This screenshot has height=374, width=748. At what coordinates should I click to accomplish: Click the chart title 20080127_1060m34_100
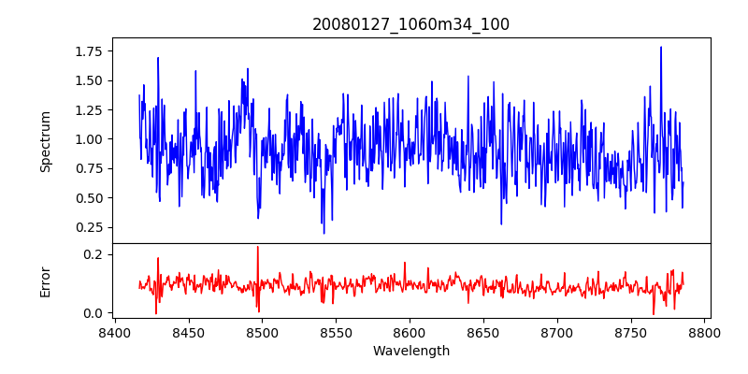click(410, 24)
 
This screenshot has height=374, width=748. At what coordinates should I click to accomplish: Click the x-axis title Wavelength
click(410, 352)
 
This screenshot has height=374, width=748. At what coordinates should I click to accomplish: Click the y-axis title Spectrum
click(46, 141)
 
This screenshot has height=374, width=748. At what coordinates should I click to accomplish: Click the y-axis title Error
click(46, 281)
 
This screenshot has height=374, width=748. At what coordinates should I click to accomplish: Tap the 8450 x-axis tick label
click(188, 332)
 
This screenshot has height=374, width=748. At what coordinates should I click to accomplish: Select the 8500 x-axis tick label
click(262, 332)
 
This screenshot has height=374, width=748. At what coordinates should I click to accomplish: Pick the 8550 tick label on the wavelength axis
click(336, 332)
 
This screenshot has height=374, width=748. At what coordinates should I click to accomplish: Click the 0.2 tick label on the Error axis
click(93, 254)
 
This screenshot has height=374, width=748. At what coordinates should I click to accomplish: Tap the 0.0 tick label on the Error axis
click(93, 313)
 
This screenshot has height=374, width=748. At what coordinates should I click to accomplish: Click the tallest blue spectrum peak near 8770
click(661, 48)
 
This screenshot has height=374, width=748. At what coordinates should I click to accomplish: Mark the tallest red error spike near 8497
click(257, 248)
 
